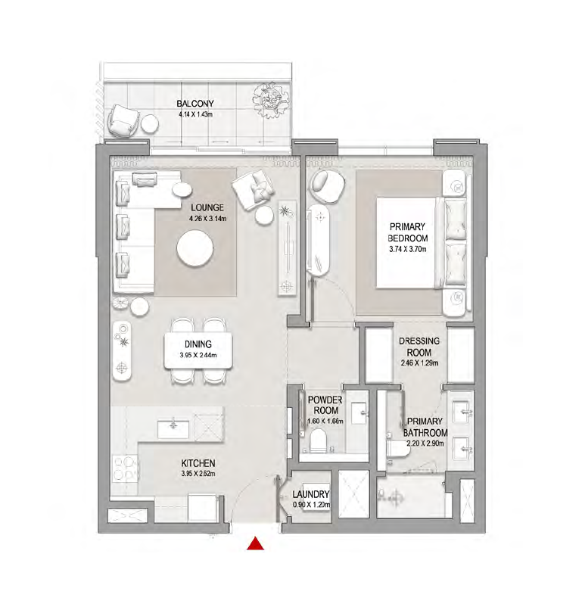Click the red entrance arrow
tap(255, 543)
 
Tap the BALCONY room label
tap(195, 104)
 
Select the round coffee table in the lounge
tap(195, 248)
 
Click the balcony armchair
tap(123, 120)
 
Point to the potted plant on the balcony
tap(271, 99)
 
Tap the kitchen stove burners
tap(126, 468)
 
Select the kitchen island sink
tap(173, 429)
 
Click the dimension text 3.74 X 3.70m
tap(408, 249)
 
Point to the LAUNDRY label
tap(311, 494)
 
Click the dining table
tap(198, 351)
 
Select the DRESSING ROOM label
tap(419, 347)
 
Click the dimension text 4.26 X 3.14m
tap(207, 219)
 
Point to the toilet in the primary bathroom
tap(398, 449)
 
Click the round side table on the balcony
tap(149, 124)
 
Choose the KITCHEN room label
tap(198, 463)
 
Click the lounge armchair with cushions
tap(253, 189)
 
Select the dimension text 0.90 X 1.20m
tap(311, 505)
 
